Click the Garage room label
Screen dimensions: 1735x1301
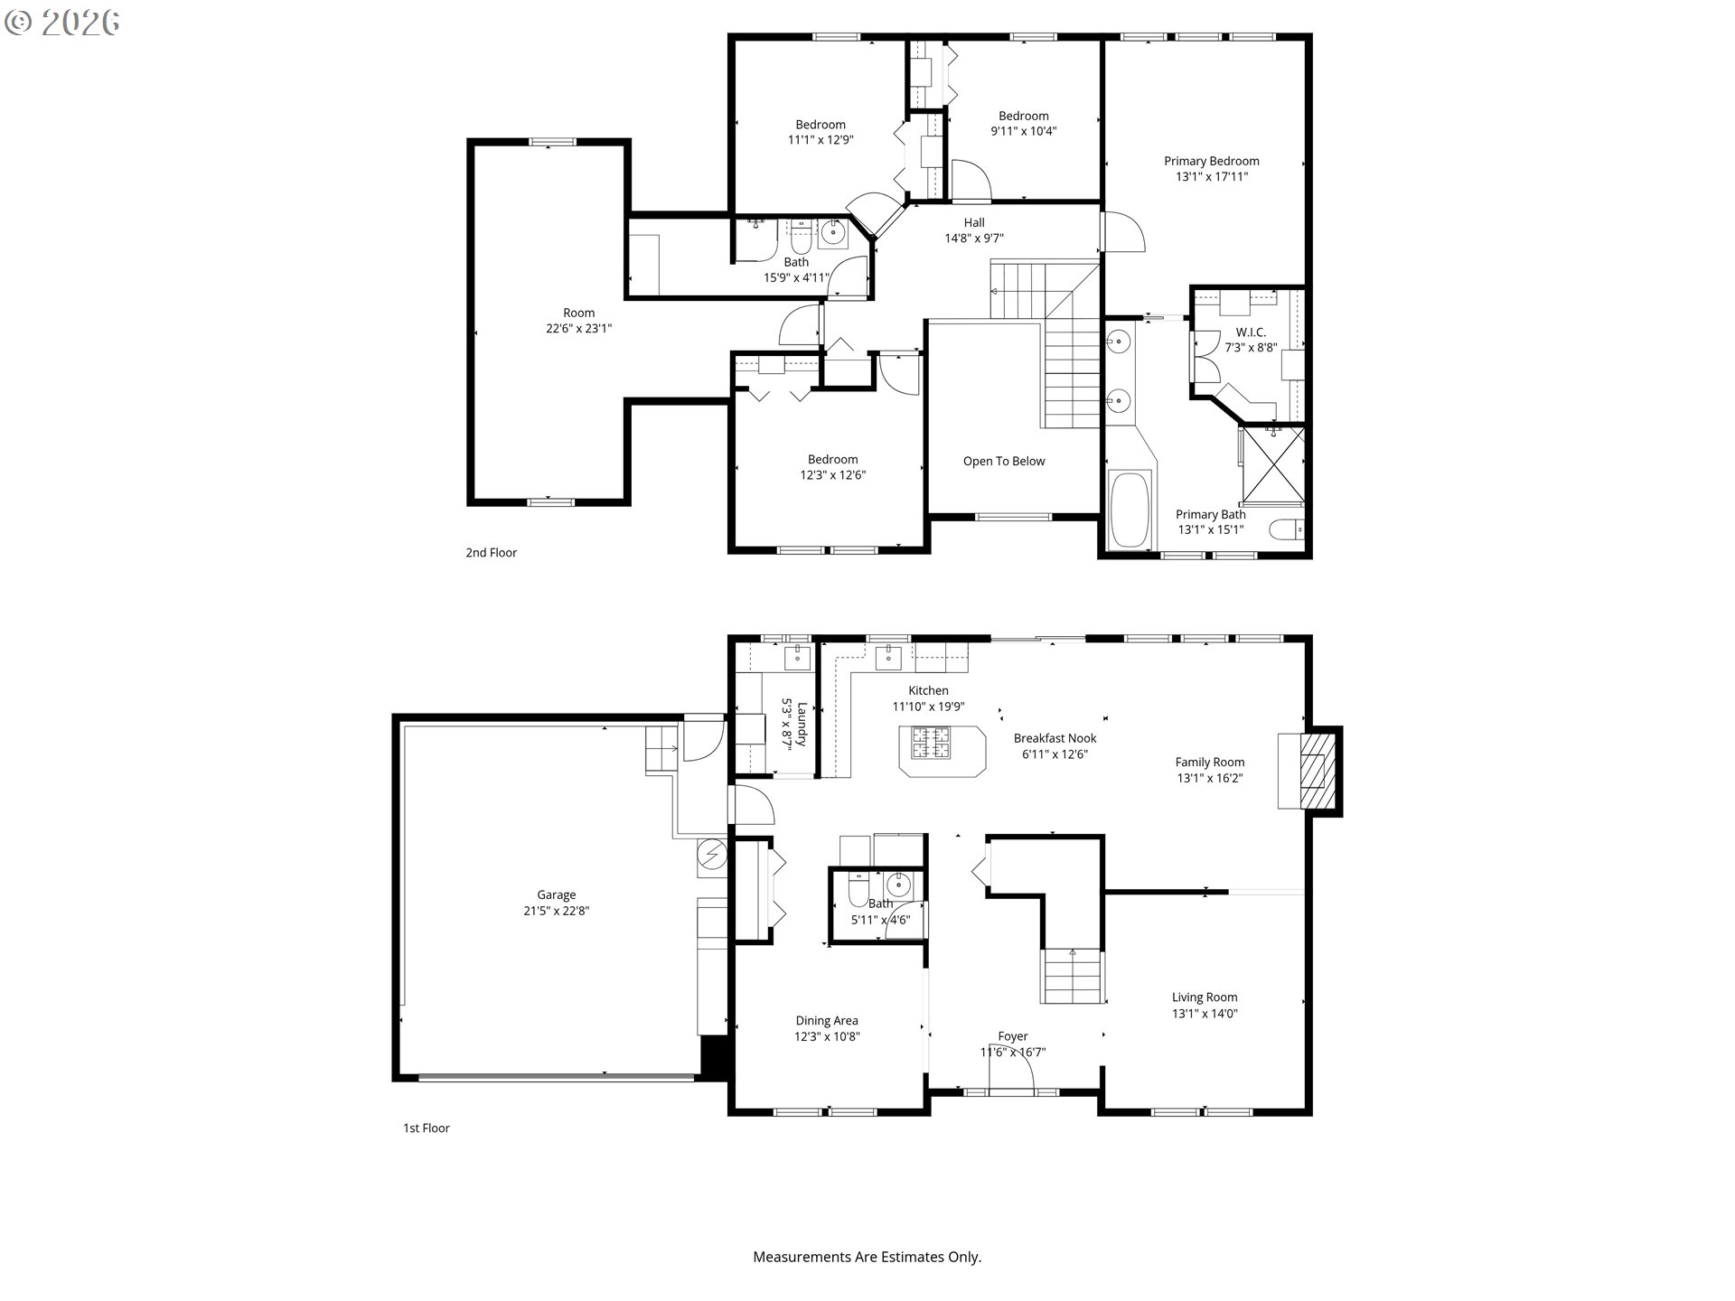(x=556, y=895)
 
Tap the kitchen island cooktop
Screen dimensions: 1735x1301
(x=930, y=742)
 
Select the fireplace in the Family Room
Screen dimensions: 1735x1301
(x=1308, y=771)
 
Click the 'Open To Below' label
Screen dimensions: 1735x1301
(x=1004, y=461)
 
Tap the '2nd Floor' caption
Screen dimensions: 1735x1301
(x=491, y=552)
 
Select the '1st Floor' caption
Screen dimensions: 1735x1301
(x=426, y=1128)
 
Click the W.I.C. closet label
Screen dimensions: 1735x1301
(x=1251, y=332)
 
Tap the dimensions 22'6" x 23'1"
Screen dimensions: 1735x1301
(x=578, y=329)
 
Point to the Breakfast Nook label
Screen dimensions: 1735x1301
(x=1055, y=738)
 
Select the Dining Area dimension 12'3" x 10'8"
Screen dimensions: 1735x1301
(x=827, y=1036)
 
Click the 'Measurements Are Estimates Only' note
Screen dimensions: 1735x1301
(x=867, y=1257)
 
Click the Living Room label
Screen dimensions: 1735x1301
(x=1205, y=997)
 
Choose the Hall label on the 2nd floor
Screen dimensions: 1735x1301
(x=974, y=222)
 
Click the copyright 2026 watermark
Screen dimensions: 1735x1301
(x=62, y=23)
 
